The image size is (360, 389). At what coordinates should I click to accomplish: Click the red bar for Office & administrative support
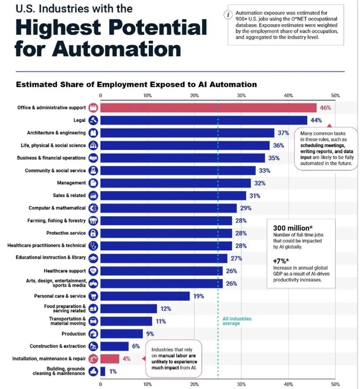point(208,108)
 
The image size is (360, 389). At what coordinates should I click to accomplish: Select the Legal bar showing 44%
point(203,120)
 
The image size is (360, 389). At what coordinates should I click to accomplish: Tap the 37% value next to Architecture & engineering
point(283,133)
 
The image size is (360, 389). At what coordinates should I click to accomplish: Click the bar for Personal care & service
point(145,296)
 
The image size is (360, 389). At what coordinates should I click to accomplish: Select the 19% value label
point(198,296)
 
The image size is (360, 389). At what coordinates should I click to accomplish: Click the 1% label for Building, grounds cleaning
point(113,371)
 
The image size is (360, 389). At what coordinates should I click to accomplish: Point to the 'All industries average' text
point(236,321)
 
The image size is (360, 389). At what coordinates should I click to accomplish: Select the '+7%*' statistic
point(282,261)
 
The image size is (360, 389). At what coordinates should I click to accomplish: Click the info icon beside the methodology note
point(226,14)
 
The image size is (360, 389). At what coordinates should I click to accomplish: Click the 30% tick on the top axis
point(241,95)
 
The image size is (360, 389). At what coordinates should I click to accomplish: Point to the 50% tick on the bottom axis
point(335,383)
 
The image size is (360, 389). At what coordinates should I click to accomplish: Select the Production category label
point(74,334)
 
